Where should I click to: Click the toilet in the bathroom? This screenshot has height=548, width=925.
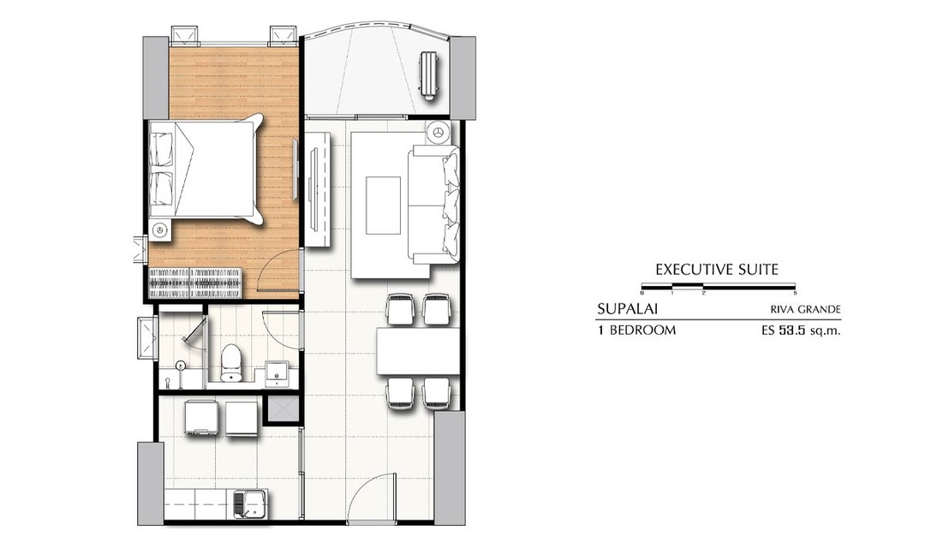click(230, 363)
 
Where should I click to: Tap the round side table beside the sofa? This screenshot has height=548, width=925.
click(439, 133)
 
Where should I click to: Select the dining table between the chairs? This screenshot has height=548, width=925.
click(417, 351)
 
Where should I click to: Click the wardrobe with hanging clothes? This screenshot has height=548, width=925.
click(194, 283)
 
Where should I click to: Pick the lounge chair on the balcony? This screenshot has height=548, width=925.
click(429, 74)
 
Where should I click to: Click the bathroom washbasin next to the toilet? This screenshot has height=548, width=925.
click(276, 374)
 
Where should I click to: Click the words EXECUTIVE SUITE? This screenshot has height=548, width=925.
click(717, 271)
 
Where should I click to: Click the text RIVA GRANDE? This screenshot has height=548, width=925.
click(805, 310)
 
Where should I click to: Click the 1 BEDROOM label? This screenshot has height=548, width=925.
click(636, 331)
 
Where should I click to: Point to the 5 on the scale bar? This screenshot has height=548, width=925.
click(795, 293)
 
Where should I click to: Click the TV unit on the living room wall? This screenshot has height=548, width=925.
click(318, 188)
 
